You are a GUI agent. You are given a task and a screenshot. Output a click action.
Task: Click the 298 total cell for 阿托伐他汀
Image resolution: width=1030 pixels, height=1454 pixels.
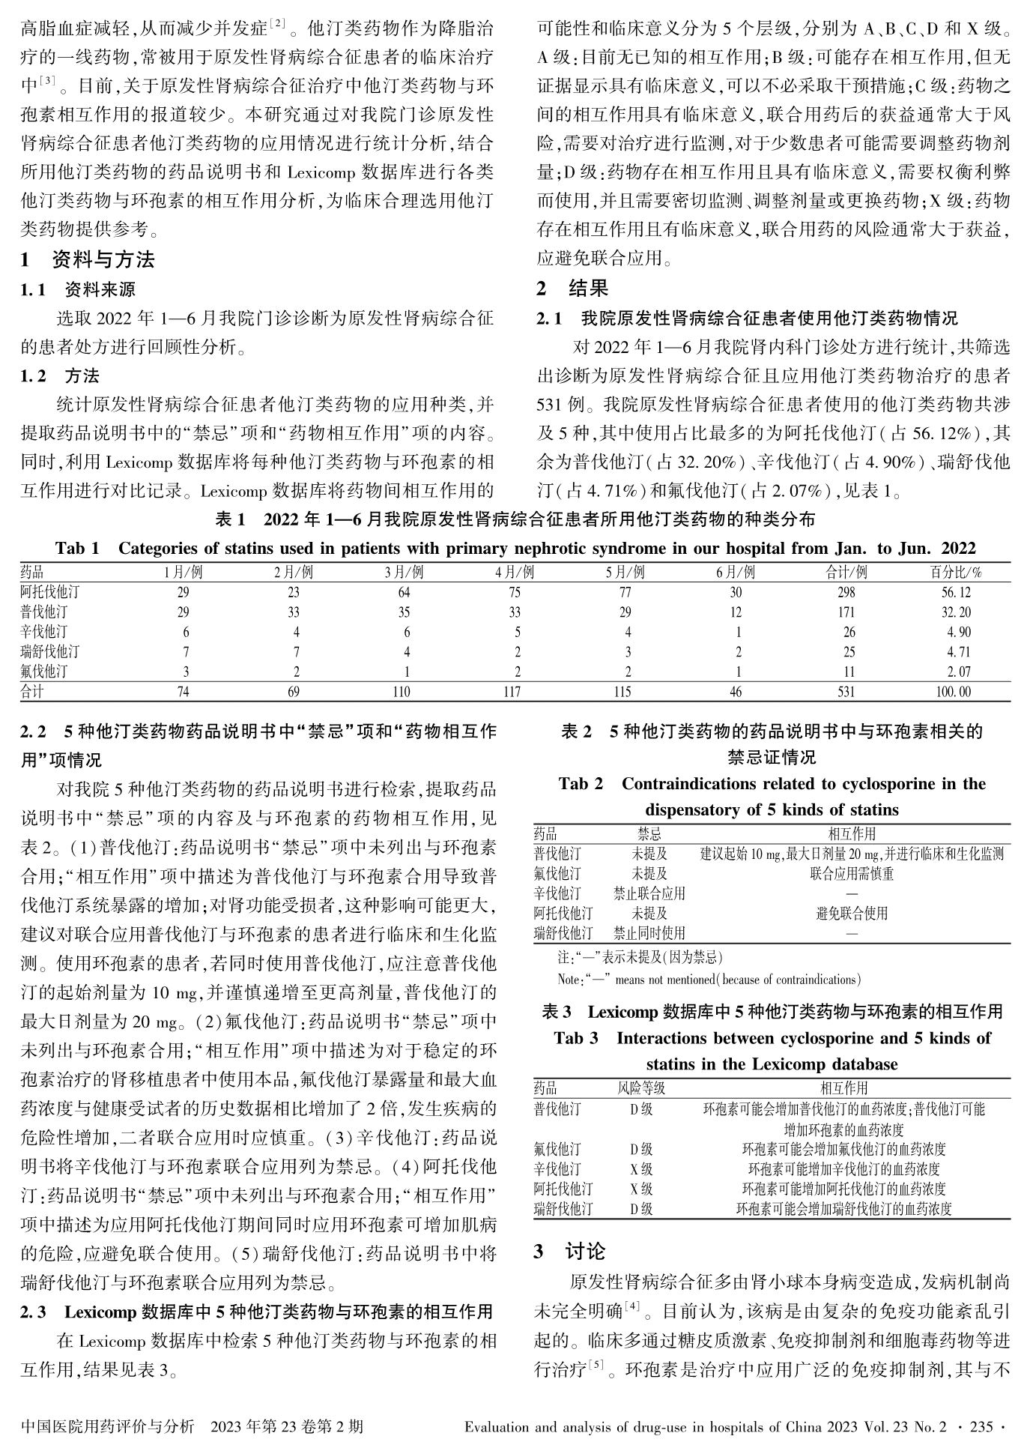coord(846,592)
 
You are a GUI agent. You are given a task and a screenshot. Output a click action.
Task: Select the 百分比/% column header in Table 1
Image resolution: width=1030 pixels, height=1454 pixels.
coord(955,573)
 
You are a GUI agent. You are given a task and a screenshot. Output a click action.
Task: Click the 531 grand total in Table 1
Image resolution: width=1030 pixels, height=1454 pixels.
coord(846,692)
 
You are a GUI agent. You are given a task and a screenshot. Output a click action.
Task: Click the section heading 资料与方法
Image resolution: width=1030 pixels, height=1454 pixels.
coord(103,260)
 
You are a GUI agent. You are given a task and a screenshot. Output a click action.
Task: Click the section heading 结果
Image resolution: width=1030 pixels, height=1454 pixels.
coord(588,288)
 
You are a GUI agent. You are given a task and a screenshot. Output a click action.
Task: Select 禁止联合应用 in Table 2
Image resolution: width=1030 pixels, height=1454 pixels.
coord(649,893)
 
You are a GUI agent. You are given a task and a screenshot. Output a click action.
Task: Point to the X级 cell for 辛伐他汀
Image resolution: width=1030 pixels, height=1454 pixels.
coord(641,1168)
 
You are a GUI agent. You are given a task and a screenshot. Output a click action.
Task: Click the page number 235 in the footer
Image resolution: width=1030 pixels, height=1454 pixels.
coord(981,1426)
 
